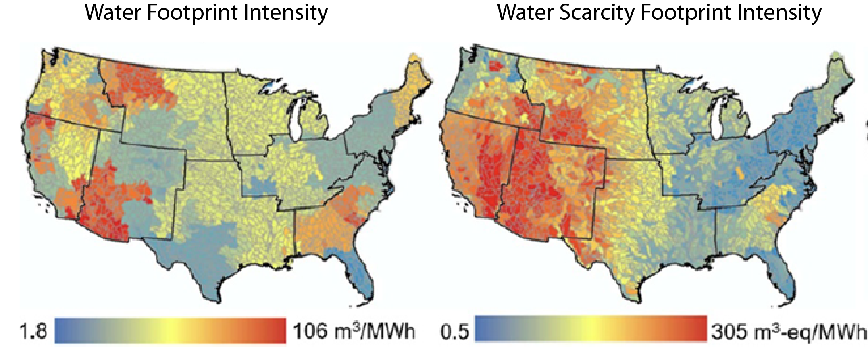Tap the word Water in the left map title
112,13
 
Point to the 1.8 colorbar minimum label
33,332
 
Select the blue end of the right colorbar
482,329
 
